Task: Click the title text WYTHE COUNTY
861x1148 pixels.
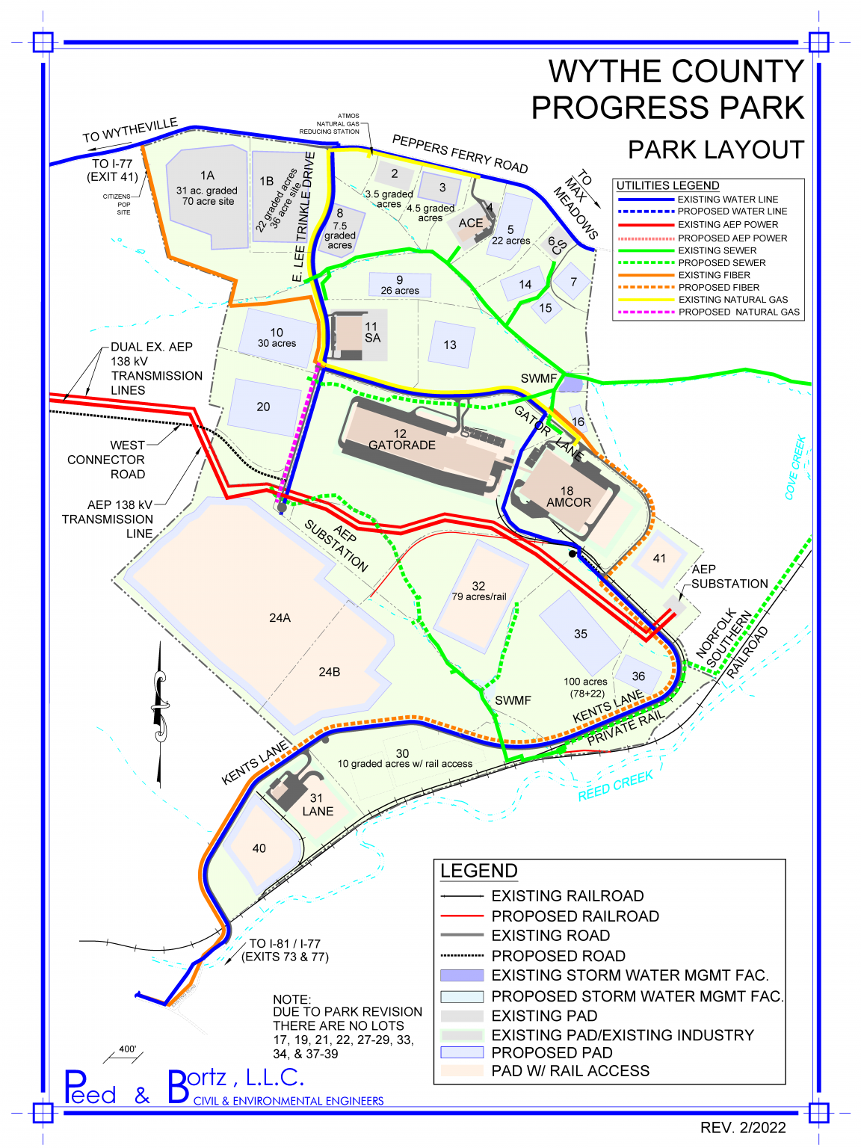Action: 676,72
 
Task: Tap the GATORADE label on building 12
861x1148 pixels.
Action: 402,445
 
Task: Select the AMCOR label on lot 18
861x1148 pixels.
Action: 569,502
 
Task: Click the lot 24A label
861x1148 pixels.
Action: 280,618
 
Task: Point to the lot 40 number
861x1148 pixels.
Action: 259,848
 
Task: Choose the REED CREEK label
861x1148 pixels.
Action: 616,786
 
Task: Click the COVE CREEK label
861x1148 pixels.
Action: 795,467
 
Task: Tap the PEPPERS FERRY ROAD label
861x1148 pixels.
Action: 460,154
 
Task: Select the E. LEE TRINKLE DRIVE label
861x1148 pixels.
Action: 303,217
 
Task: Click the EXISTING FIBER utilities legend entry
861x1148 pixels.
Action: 714,275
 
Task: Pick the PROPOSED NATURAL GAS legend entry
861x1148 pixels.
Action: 738,312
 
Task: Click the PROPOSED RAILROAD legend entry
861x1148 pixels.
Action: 575,916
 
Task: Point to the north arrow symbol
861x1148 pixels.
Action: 159,714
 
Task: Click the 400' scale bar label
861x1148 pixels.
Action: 128,1049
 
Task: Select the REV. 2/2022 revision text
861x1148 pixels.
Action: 743,1128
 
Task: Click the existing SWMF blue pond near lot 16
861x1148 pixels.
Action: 571,384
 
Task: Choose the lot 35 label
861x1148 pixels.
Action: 581,634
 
